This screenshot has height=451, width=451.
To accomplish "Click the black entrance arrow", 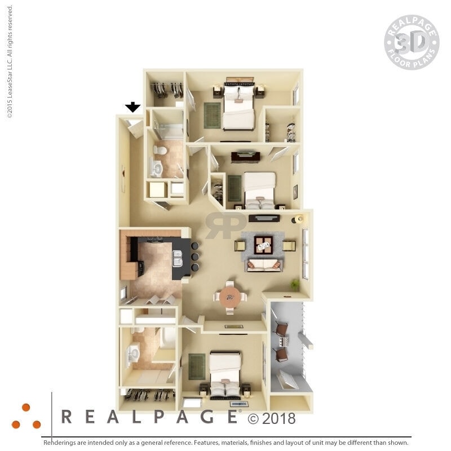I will [x=132, y=107].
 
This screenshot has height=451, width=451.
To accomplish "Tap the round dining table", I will [x=230, y=297].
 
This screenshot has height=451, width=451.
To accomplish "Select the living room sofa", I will [x=264, y=264].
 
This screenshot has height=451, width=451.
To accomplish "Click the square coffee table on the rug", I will [x=263, y=245].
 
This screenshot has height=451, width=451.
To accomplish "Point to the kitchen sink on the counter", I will [x=178, y=258].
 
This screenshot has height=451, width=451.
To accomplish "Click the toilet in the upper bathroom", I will [x=160, y=151].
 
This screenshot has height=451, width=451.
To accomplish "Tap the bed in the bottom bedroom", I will [x=225, y=374].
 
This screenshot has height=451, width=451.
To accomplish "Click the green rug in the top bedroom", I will [x=213, y=115].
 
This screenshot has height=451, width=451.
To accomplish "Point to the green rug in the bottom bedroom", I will [x=197, y=366].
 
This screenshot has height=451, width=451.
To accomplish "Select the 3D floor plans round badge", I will [x=412, y=42].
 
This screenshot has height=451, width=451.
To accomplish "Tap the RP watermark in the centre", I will [x=225, y=224].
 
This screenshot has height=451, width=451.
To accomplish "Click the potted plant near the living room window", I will [x=294, y=284].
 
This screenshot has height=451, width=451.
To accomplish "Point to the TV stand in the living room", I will [x=264, y=218].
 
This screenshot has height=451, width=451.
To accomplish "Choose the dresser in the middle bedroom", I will [x=245, y=156].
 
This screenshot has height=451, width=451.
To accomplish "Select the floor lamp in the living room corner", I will [x=299, y=218].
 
